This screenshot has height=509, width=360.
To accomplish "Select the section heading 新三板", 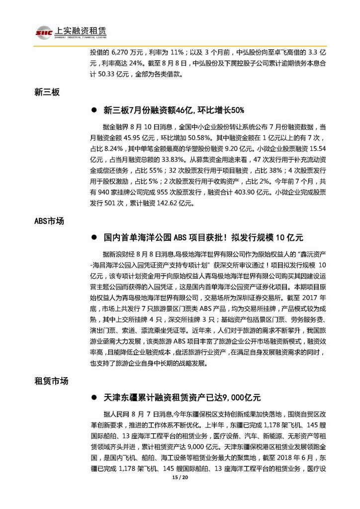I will click(x=47, y=92).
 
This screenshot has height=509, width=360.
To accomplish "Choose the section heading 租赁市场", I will click(x=51, y=381).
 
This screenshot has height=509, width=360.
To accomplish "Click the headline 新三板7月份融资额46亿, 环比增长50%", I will click(x=174, y=110).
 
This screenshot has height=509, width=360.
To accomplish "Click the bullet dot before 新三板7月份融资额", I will click(x=93, y=110).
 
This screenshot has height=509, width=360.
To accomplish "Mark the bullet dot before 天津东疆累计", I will click(x=93, y=399).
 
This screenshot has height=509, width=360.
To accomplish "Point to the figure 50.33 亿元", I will click(x=116, y=75).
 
